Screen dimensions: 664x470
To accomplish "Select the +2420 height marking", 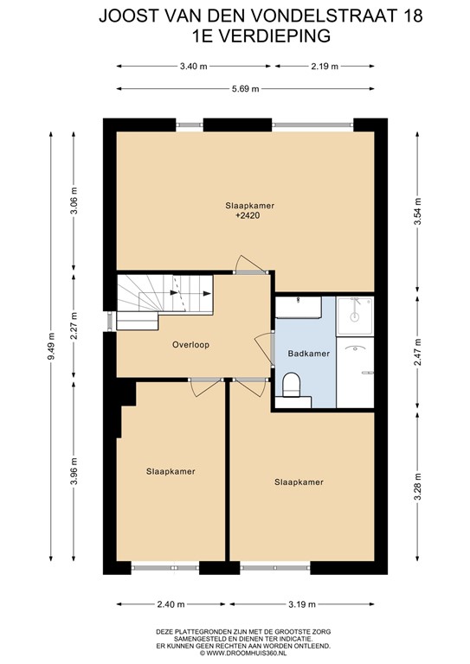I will click(248, 216).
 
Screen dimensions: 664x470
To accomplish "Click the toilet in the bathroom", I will click(292, 384).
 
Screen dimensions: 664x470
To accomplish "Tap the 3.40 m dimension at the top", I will click(193, 65).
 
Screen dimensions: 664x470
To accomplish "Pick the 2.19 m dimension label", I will click(324, 65).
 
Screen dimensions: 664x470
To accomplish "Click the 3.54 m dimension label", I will click(418, 211).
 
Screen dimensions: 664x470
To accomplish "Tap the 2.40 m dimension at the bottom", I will click(170, 604).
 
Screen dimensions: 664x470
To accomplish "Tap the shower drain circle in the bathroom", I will click(354, 316).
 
